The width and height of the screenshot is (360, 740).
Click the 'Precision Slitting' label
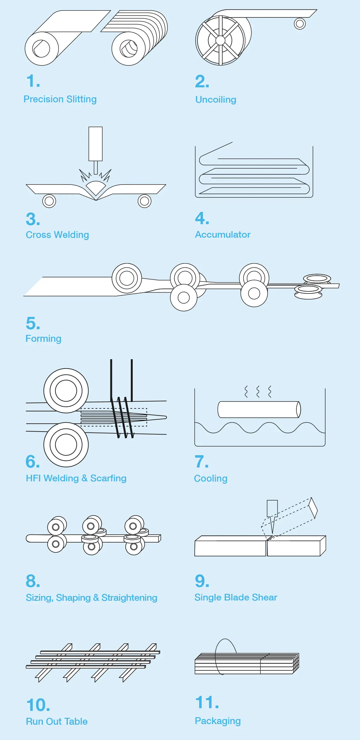[x=60, y=99]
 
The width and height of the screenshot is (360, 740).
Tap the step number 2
[x=202, y=81]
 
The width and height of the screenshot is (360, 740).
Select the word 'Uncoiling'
[x=216, y=100]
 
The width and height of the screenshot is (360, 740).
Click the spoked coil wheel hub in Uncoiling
[x=220, y=40]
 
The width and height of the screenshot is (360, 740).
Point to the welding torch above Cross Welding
[x=95, y=150]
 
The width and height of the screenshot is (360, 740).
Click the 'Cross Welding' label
[x=57, y=235]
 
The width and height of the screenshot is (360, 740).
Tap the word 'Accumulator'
[x=223, y=234]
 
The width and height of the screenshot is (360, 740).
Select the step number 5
[x=33, y=323]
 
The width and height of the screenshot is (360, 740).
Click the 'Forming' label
[x=43, y=339]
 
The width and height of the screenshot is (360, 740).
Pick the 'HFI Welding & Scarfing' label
[x=76, y=478]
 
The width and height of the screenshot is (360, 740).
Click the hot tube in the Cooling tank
[x=259, y=409]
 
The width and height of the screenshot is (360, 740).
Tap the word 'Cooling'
[x=211, y=478]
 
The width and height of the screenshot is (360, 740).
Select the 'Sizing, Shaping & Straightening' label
[x=91, y=598]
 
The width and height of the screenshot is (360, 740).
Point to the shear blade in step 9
[x=272, y=516]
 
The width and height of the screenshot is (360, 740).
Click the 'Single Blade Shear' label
[x=236, y=597]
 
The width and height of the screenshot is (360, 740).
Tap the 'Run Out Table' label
[x=57, y=721]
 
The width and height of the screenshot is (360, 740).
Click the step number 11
[x=207, y=702]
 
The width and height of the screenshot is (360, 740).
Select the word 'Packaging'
[x=218, y=721]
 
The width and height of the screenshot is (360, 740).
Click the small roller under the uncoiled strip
[x=300, y=23]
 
